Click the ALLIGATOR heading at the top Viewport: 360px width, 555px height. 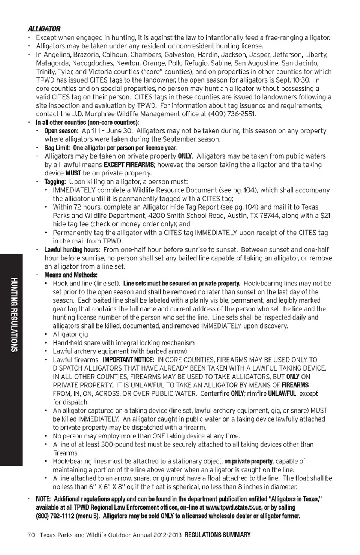point(44,29)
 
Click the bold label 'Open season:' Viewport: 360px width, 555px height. point(61,131)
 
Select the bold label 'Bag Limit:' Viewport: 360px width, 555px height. point(57,148)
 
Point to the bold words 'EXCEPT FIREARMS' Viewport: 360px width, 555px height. point(129,165)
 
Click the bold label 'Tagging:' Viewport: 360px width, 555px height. point(55,182)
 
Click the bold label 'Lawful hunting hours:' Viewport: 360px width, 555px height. point(72,249)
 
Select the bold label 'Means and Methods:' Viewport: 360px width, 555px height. point(70,275)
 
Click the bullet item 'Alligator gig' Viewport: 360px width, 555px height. point(70,334)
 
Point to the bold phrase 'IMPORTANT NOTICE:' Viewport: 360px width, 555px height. point(128,360)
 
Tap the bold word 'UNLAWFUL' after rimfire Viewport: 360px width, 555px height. point(282,393)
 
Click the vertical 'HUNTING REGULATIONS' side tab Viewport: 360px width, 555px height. point(14,315)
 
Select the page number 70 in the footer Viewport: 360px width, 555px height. point(31,535)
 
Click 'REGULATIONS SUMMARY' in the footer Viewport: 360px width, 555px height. point(217,535)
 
